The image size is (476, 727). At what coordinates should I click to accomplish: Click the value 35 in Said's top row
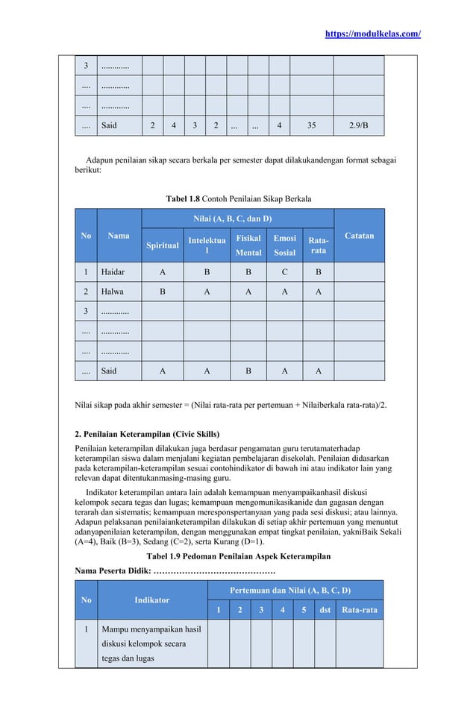tap(310, 126)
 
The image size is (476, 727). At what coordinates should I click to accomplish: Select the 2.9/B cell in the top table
tap(358, 126)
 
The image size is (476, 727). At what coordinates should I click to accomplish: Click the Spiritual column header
tap(162, 245)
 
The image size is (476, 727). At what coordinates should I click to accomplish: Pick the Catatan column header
tap(359, 236)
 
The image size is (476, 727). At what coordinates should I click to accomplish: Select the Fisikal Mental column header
tap(248, 245)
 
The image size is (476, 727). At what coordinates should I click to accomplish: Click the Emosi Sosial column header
tap(284, 245)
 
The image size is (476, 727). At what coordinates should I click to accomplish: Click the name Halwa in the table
tap(113, 292)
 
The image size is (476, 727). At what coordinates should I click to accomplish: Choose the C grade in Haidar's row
tap(284, 272)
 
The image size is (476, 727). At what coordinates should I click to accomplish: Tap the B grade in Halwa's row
tap(163, 292)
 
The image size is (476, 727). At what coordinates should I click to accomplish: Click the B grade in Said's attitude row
tap(248, 370)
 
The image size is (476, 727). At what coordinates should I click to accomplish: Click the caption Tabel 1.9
tap(166, 556)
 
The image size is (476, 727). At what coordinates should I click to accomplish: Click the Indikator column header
tap(151, 599)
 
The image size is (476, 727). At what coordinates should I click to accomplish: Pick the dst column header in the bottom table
tap(325, 610)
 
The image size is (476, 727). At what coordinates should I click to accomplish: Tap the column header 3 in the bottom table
tap(260, 610)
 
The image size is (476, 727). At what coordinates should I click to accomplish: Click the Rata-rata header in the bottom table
tap(359, 610)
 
